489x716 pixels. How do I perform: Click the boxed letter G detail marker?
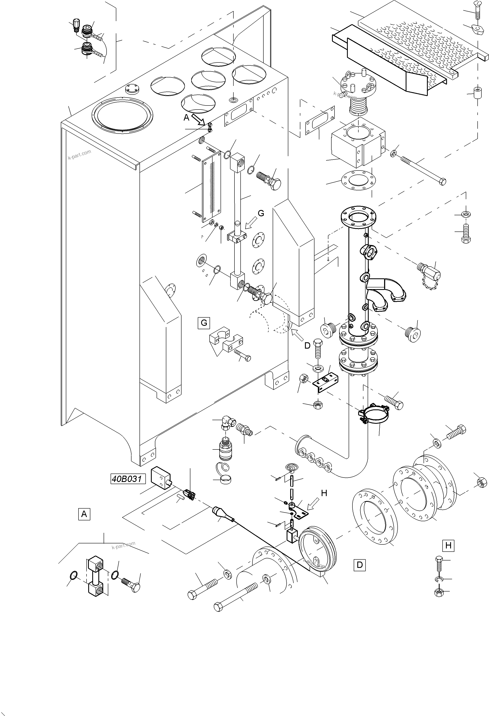coord(204,323)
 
